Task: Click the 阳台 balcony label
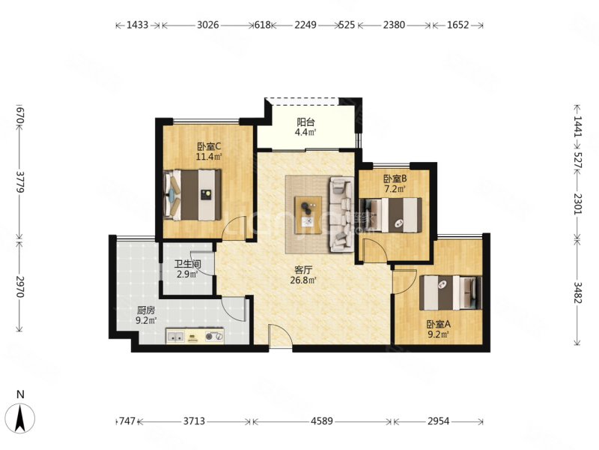(305, 122)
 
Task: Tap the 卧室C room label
(209, 146)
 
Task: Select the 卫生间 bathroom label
(188, 264)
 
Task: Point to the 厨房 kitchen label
(146, 310)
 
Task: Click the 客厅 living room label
(304, 270)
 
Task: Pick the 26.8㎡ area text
(303, 280)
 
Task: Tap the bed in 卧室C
(192, 195)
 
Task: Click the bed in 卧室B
(391, 214)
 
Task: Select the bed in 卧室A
(451, 292)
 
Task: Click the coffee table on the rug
(308, 215)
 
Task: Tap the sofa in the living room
(341, 214)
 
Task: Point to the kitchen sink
(176, 337)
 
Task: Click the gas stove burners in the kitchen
(214, 337)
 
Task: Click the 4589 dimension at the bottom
(322, 421)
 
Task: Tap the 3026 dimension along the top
(208, 25)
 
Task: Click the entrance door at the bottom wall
(280, 337)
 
